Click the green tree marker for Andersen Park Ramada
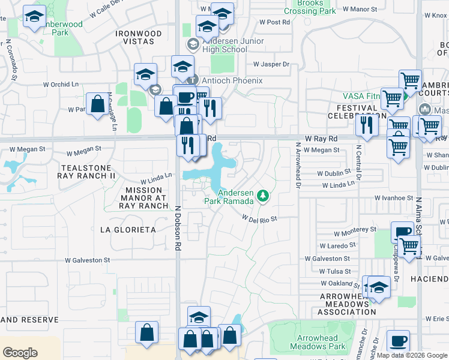pyautogui.click(x=262, y=196)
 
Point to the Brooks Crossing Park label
pyautogui.click(x=309, y=7)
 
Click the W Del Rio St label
pyautogui.click(x=260, y=218)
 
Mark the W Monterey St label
pyautogui.click(x=355, y=230)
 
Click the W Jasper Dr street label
pyautogui.click(x=271, y=64)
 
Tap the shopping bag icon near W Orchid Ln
pyautogui.click(x=97, y=104)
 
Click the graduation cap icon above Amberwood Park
pyautogui.click(x=34, y=17)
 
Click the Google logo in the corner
pyautogui.click(x=20, y=353)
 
